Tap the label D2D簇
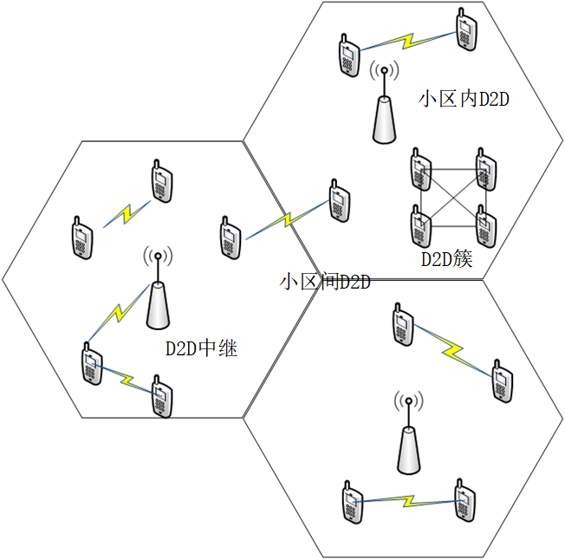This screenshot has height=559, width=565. pos(447,258)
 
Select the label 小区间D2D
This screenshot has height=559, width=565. pos(326,283)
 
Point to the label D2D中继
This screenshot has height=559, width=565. pos(201,348)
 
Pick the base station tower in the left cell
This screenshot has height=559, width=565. pos(157,297)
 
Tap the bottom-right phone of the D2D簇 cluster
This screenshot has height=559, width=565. pos(487,226)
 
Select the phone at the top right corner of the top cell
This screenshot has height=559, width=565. pos(465,32)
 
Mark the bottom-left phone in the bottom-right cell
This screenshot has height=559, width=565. pos(351,500)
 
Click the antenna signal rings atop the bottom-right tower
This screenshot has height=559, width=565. pos(408,401)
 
